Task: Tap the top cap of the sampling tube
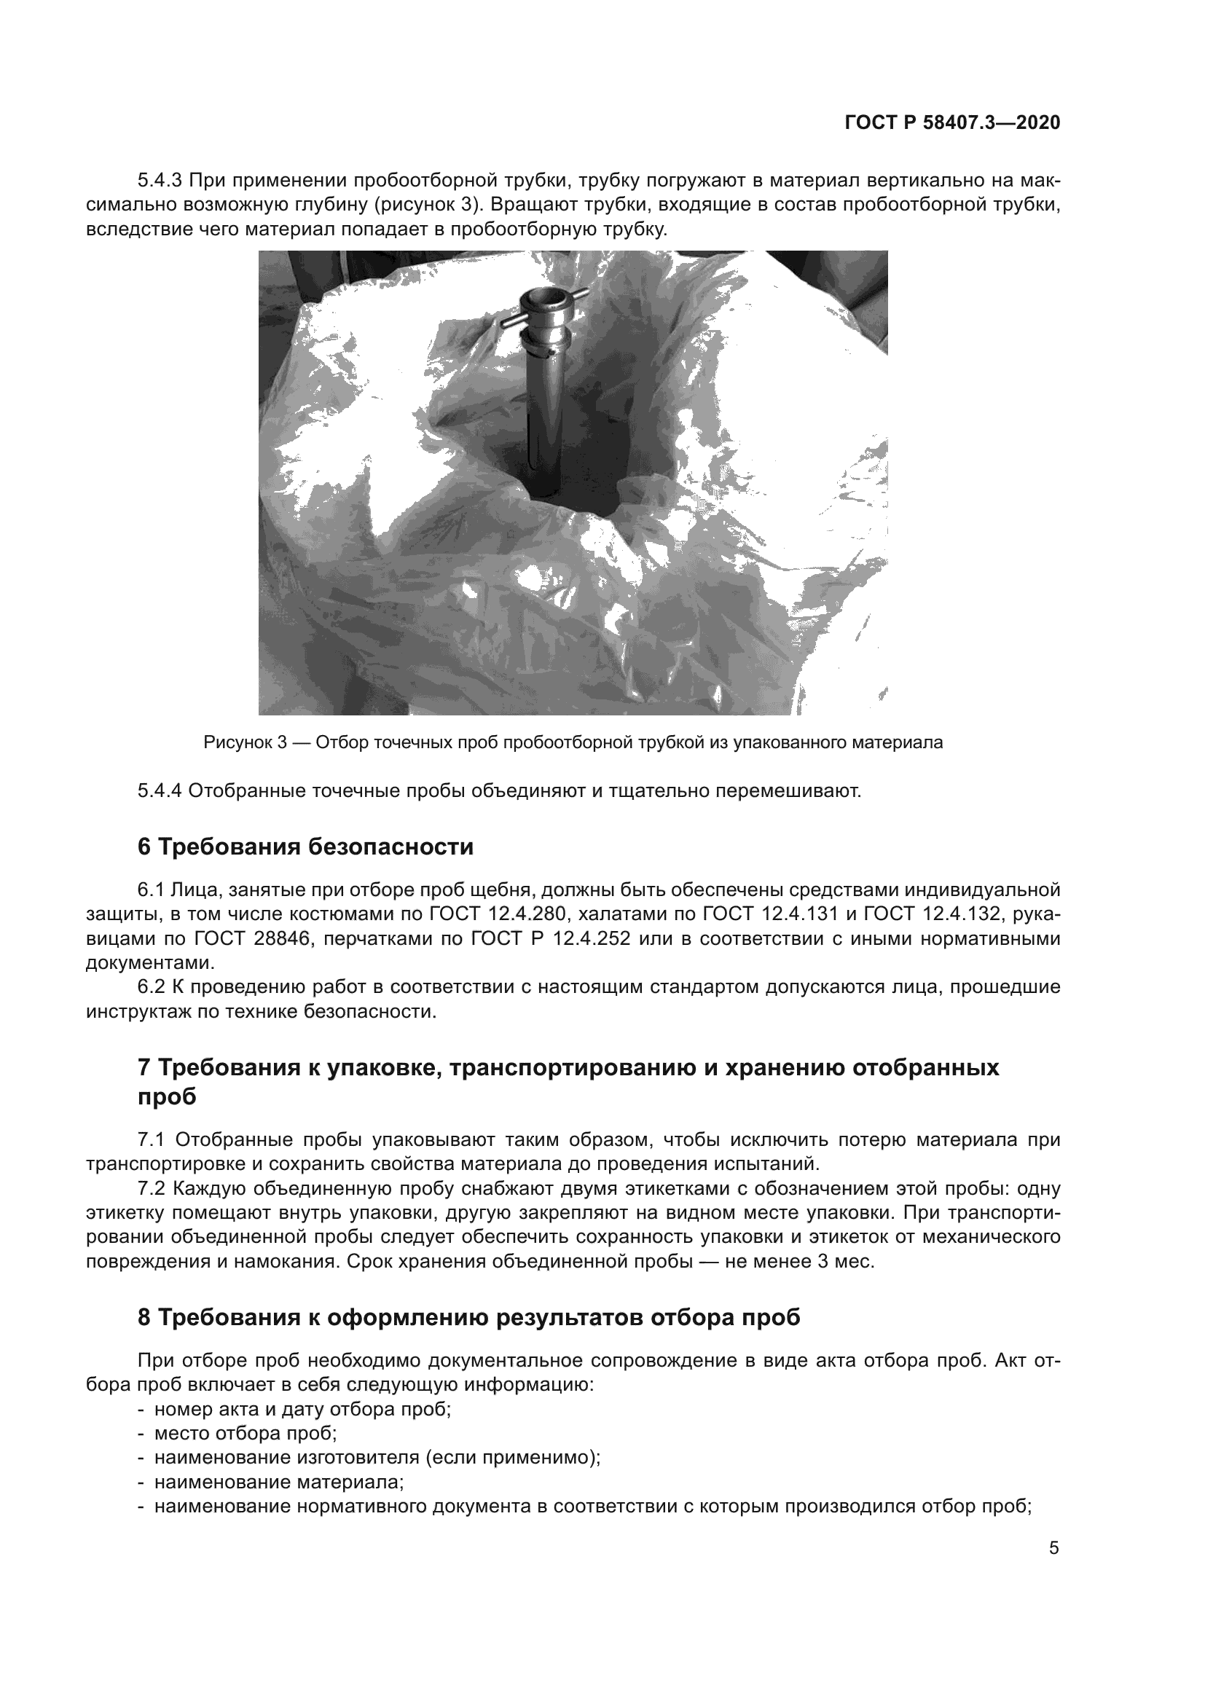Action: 543,301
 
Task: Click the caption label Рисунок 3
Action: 245,742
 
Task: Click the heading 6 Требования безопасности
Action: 305,847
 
